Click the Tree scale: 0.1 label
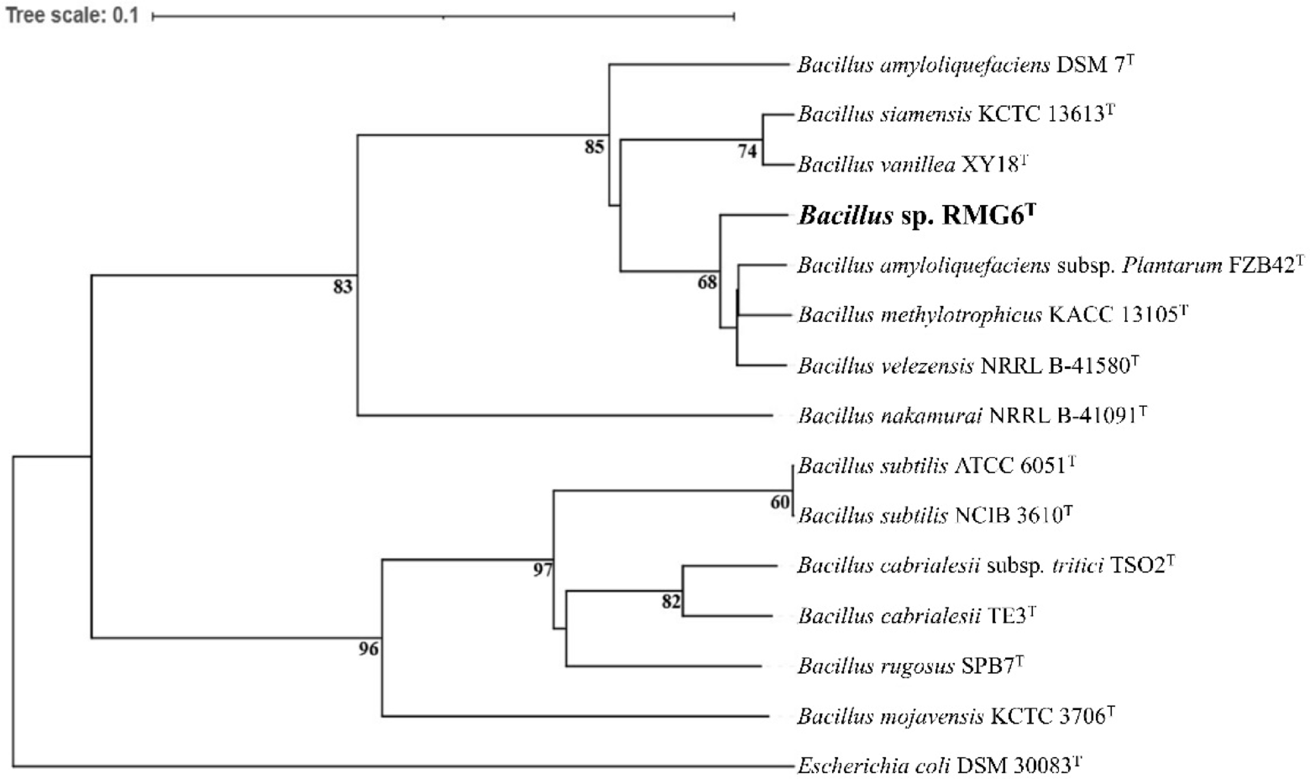pos(72,15)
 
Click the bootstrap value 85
pos(594,147)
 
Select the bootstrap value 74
pos(747,151)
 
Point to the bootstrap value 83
pos(343,287)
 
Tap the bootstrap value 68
pos(707,282)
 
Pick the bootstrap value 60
pos(780,502)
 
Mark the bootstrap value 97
pos(542,570)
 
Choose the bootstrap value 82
pos(670,602)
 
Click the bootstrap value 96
pos(369,649)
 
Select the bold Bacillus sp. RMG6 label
pos(916,215)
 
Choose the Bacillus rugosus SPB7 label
pos(910,666)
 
